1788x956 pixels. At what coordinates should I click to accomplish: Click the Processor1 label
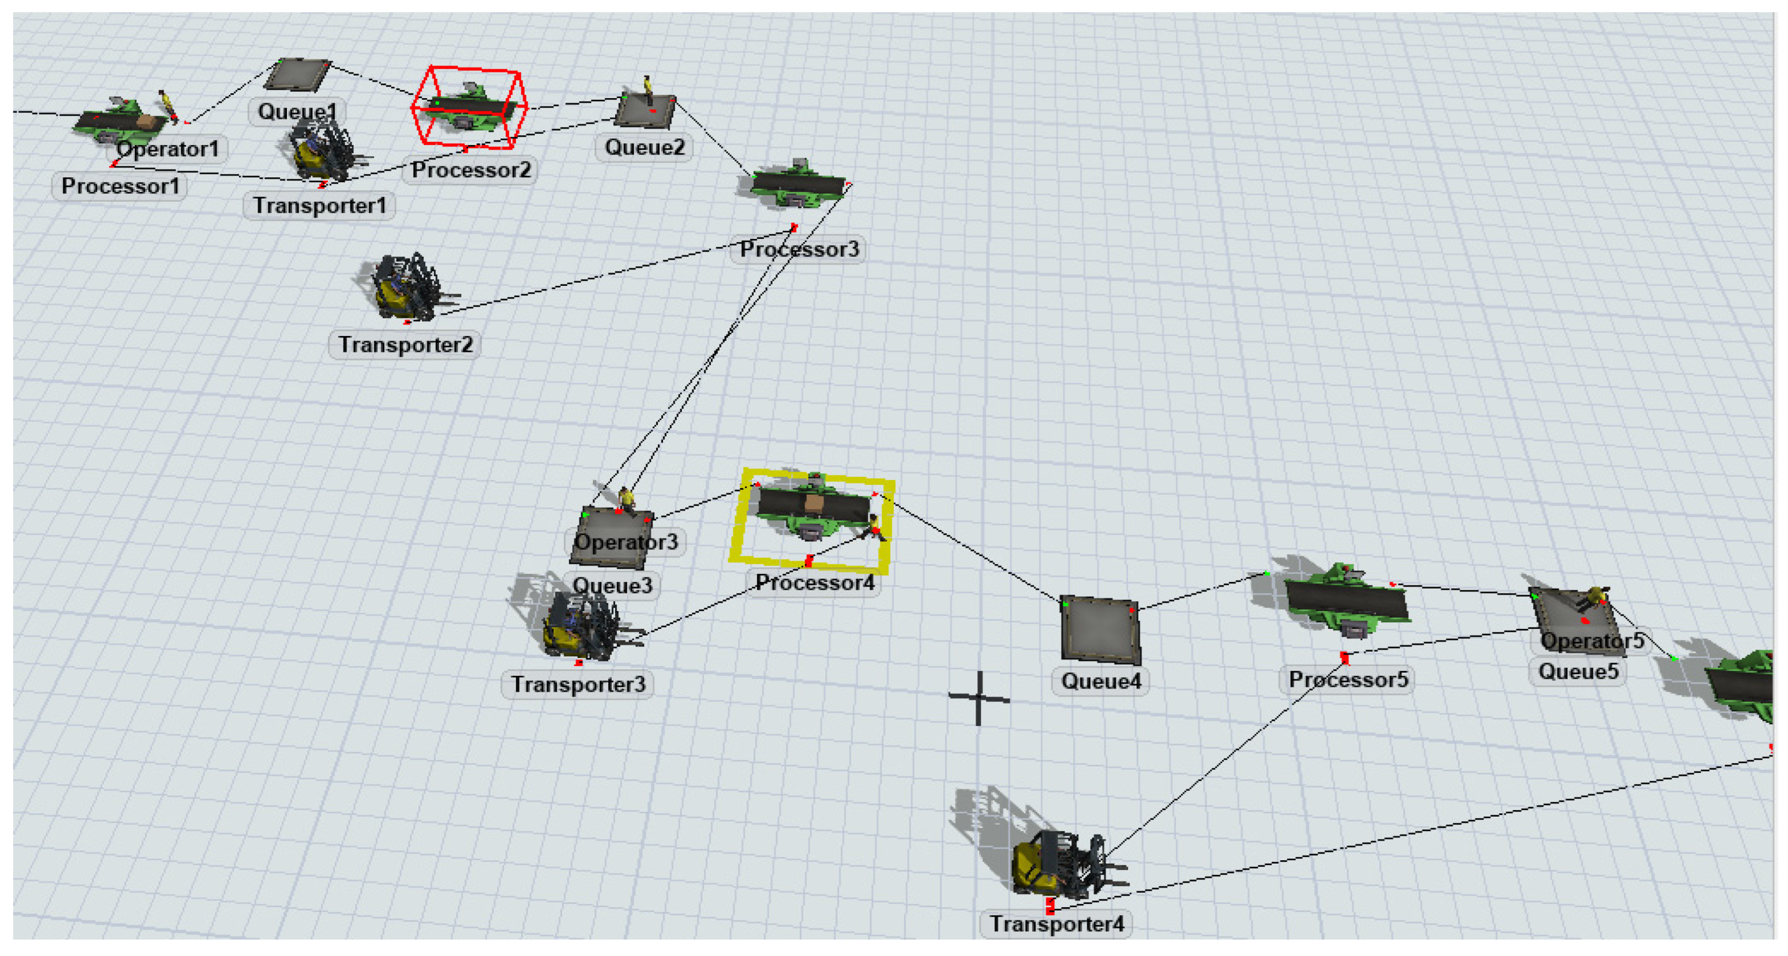(120, 186)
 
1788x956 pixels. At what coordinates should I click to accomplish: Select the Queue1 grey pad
(297, 75)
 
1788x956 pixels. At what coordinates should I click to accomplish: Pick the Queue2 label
(644, 147)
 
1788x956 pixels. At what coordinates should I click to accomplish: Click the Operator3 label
(626, 542)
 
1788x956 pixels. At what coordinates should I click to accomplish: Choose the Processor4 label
(815, 583)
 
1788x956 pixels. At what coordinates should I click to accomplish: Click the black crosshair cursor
(979, 697)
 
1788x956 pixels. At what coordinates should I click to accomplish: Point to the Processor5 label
(1348, 680)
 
